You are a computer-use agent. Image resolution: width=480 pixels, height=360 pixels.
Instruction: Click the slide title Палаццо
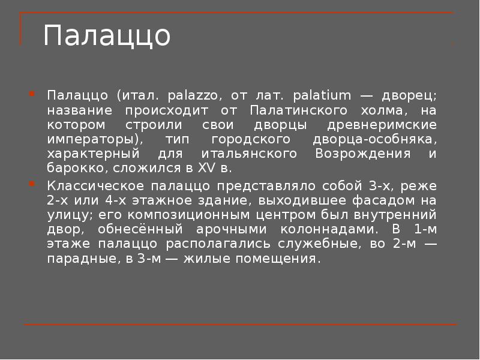pyautogui.click(x=107, y=36)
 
